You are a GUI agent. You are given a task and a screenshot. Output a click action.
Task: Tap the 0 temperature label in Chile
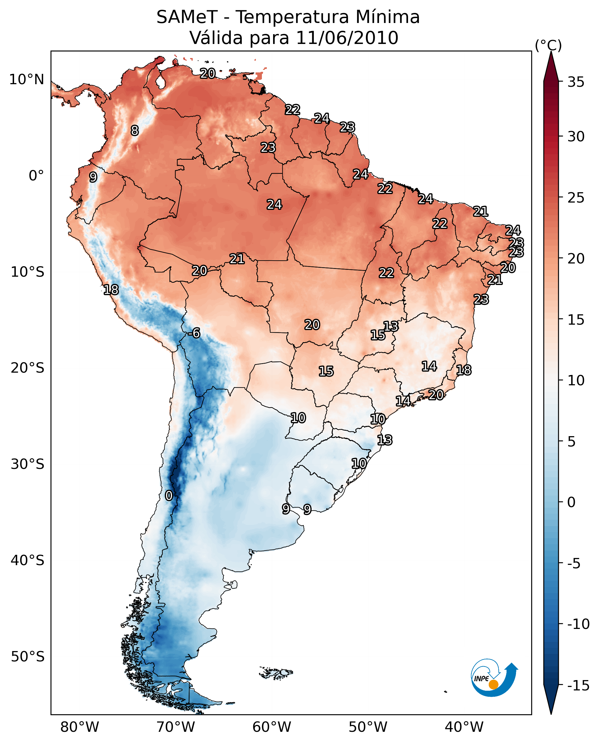pyautogui.click(x=169, y=495)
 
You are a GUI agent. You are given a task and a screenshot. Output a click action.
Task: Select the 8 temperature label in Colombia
pyautogui.click(x=135, y=130)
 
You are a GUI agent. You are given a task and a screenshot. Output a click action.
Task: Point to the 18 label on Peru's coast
pyautogui.click(x=111, y=290)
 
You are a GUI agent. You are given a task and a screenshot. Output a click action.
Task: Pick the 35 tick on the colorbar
pyautogui.click(x=576, y=82)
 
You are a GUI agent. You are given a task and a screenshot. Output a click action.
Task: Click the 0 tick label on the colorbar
pyautogui.click(x=571, y=502)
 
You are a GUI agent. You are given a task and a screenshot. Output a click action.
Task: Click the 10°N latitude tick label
pyautogui.click(x=27, y=80)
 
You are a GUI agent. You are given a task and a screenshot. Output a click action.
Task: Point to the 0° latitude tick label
pyautogui.click(x=36, y=176)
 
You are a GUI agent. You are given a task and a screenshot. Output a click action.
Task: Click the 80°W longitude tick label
pyautogui.click(x=80, y=727)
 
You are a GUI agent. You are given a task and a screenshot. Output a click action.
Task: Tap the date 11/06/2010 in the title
pyautogui.click(x=347, y=38)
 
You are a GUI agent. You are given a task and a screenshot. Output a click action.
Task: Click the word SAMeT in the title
pyautogui.click(x=187, y=17)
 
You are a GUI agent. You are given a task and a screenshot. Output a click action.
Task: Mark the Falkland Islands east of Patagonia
pyautogui.click(x=276, y=673)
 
